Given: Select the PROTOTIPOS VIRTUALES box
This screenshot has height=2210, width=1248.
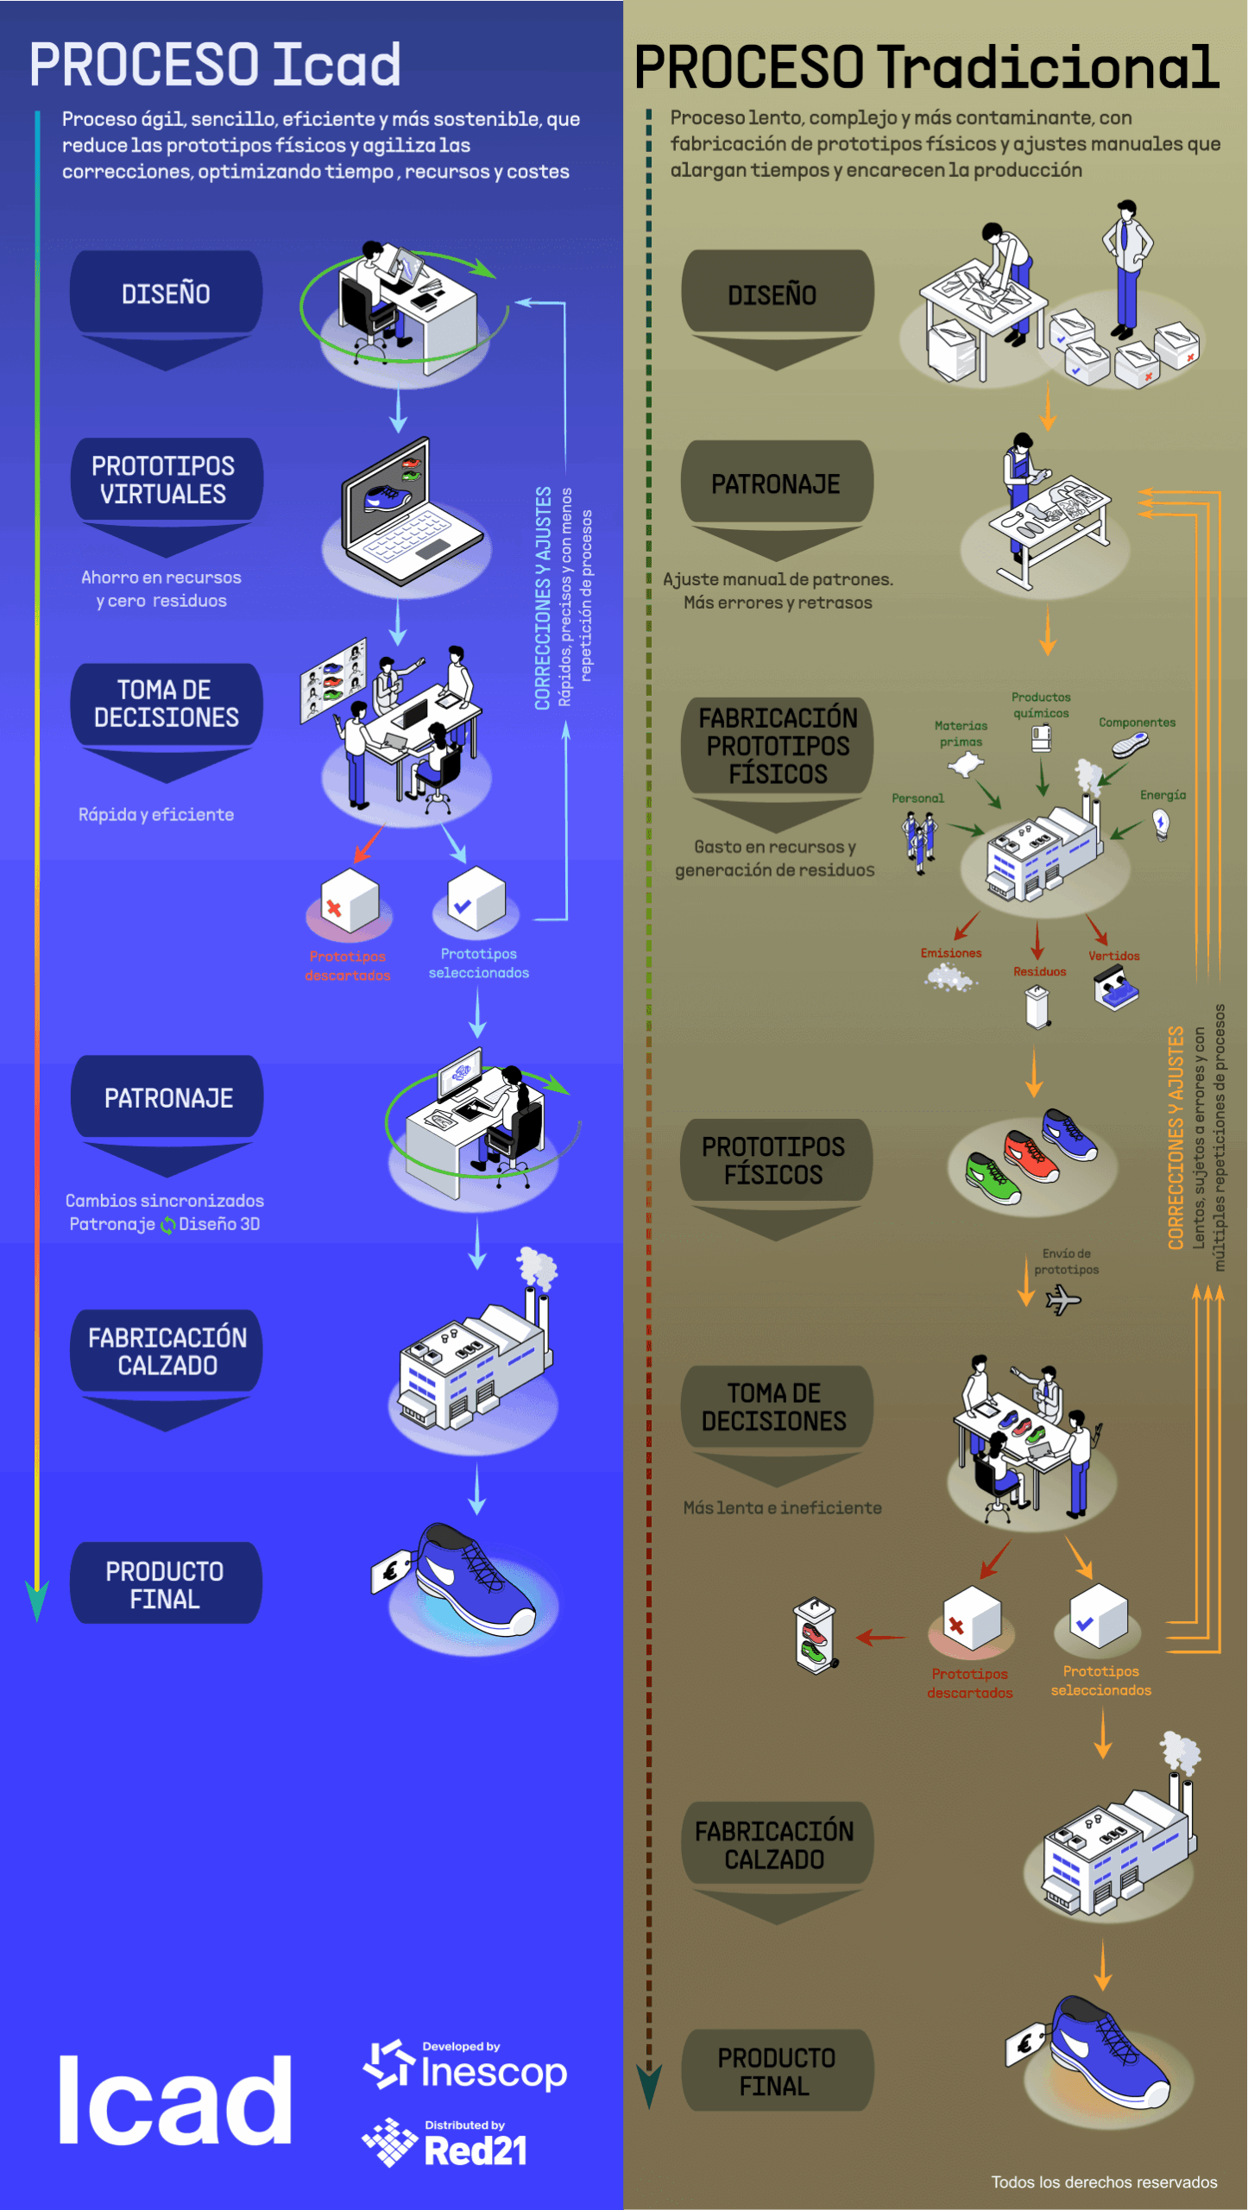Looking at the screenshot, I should pyautogui.click(x=164, y=480).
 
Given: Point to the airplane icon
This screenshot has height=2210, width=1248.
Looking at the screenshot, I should pyautogui.click(x=1062, y=1298).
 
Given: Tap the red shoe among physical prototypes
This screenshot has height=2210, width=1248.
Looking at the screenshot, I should pyautogui.click(x=1031, y=1156).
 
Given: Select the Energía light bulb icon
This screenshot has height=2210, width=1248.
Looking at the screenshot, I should pyautogui.click(x=1162, y=824).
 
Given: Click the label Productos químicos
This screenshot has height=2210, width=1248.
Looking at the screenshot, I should pyautogui.click(x=1041, y=704).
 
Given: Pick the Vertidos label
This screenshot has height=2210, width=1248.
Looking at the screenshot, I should pyautogui.click(x=1113, y=956).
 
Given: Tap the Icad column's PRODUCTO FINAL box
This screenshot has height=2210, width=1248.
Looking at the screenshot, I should pyautogui.click(x=165, y=1584).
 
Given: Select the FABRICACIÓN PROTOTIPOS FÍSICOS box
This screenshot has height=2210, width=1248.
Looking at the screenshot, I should pyautogui.click(x=778, y=745).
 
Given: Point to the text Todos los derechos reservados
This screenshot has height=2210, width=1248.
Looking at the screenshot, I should pyautogui.click(x=1103, y=2182).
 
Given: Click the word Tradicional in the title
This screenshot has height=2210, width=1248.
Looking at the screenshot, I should pyautogui.click(x=1048, y=67).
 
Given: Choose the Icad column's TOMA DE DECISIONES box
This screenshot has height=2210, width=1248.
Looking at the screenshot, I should pyautogui.click(x=166, y=704).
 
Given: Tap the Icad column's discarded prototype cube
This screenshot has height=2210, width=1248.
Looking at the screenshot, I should pyautogui.click(x=349, y=902).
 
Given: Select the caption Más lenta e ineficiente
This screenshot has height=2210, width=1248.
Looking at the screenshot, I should pyautogui.click(x=782, y=1508).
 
